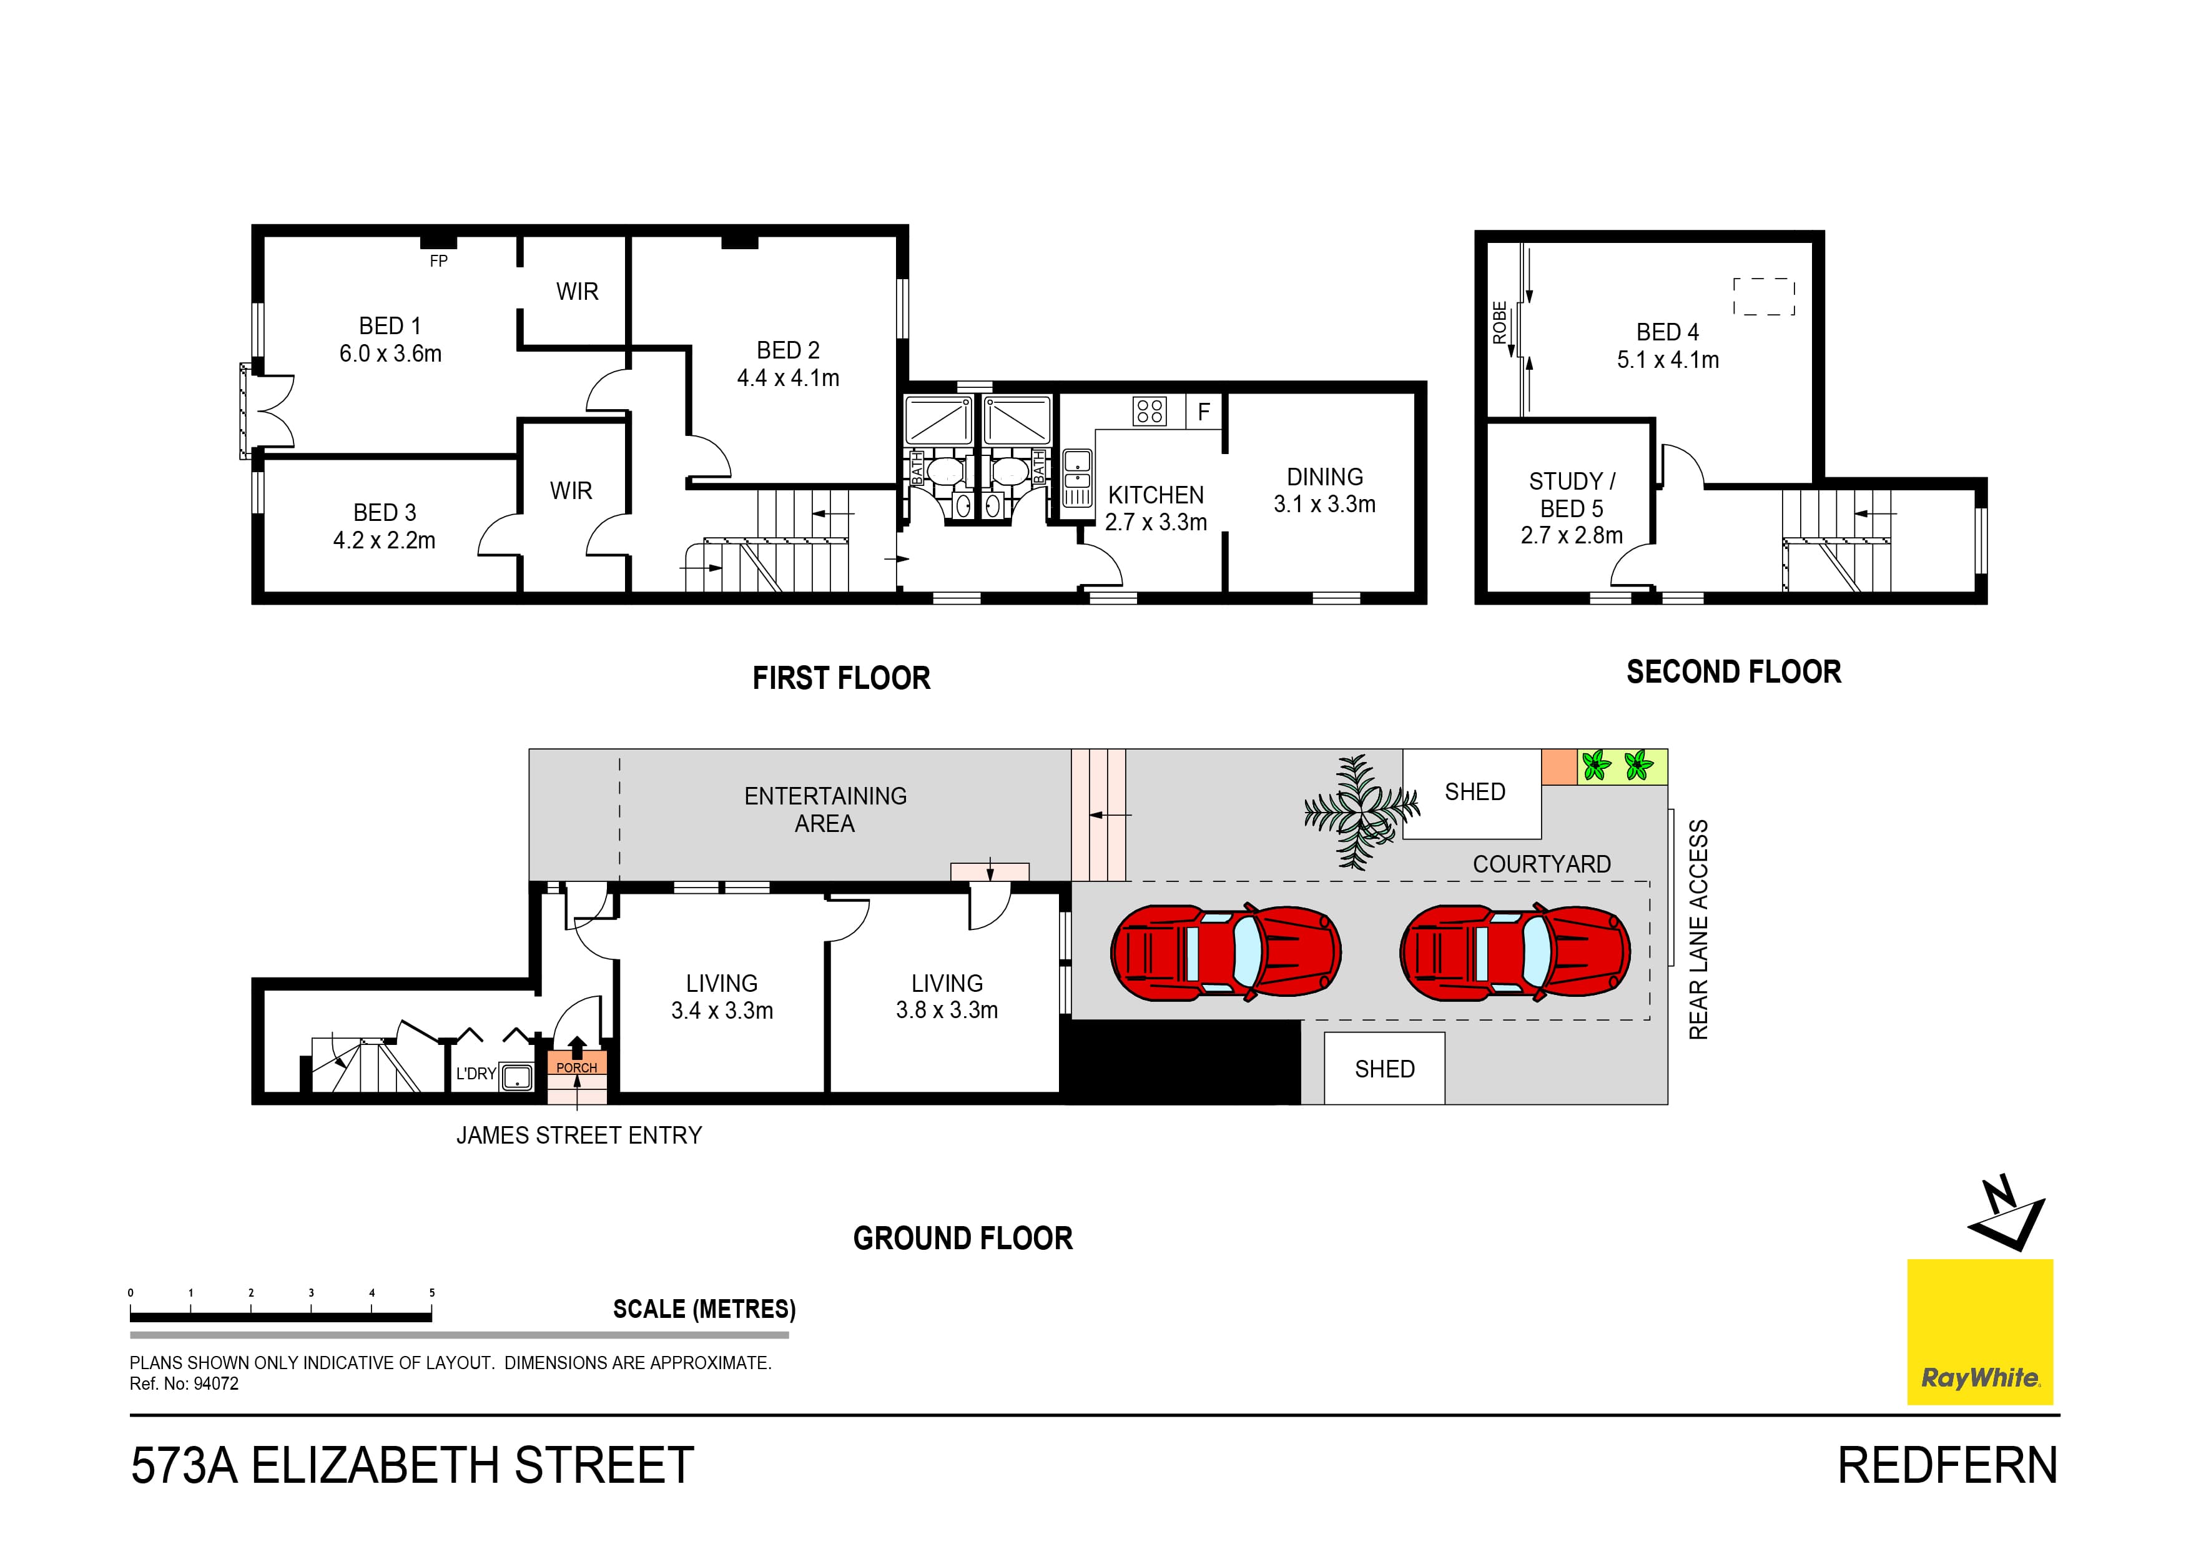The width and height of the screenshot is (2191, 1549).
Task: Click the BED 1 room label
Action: click(x=390, y=327)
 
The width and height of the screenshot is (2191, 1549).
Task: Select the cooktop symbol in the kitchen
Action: click(x=1149, y=412)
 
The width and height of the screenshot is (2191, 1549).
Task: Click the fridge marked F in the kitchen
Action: click(x=1204, y=412)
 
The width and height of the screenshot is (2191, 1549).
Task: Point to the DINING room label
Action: click(x=1324, y=477)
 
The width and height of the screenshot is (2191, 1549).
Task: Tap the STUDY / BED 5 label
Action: click(x=1572, y=495)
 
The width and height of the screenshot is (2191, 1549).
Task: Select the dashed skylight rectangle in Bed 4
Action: click(x=1763, y=297)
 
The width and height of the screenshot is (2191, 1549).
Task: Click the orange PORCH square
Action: click(x=576, y=1062)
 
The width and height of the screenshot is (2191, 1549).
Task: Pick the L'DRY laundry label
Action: click(x=475, y=1074)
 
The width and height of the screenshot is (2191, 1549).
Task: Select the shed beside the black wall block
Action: click(x=1385, y=1069)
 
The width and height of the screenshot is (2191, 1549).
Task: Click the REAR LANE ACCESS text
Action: click(x=1698, y=929)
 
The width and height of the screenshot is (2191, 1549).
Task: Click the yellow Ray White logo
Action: click(x=1979, y=1332)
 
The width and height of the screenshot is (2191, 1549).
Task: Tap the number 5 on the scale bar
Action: click(x=431, y=1293)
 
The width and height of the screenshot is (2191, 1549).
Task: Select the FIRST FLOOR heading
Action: click(x=840, y=678)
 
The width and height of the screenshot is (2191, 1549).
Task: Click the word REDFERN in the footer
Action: click(x=1947, y=1466)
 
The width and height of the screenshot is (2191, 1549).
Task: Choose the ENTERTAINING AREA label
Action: click(x=825, y=809)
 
